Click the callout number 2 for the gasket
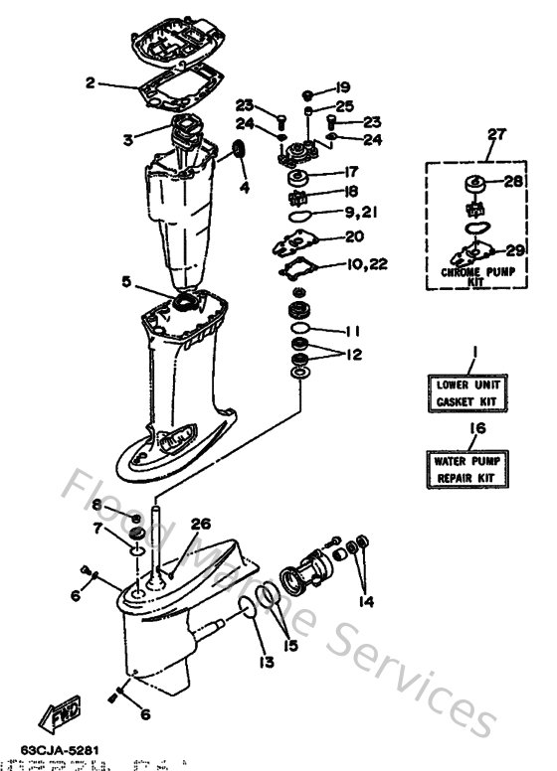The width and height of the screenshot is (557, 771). [x=90, y=84]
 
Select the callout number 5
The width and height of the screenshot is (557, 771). [x=126, y=281]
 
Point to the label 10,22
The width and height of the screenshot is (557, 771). [x=367, y=263]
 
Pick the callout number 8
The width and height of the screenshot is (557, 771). [x=112, y=505]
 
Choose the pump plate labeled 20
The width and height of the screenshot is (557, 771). [x=298, y=238]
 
